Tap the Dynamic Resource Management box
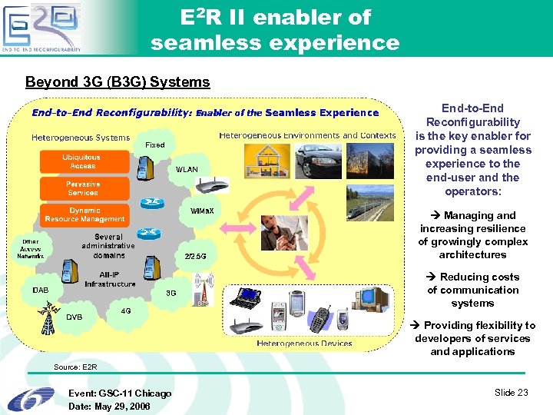[x=84, y=214]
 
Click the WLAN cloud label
[x=187, y=169]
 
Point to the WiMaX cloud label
[x=201, y=211]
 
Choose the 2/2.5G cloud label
[x=196, y=256]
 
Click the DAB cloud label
[x=41, y=290]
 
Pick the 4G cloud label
[x=126, y=311]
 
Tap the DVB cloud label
[x=75, y=317]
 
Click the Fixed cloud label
[x=155, y=144]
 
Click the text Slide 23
[x=511, y=393]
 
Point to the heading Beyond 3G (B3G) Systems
[x=118, y=81]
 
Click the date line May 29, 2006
[x=109, y=406]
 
